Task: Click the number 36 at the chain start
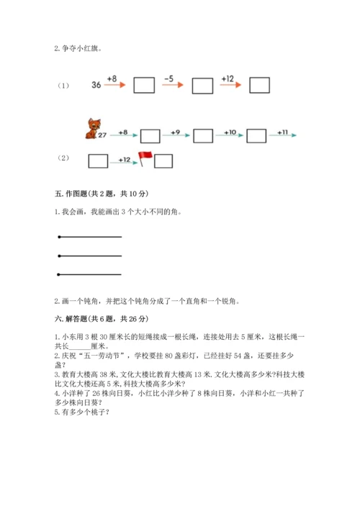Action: click(x=96, y=85)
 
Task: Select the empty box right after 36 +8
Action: click(x=145, y=85)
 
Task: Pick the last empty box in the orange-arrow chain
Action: click(x=260, y=85)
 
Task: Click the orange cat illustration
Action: click(x=91, y=129)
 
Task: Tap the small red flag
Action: click(x=143, y=159)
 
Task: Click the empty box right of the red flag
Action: click(x=163, y=161)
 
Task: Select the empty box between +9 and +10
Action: click(x=203, y=135)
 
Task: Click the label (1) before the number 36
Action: click(x=62, y=86)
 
